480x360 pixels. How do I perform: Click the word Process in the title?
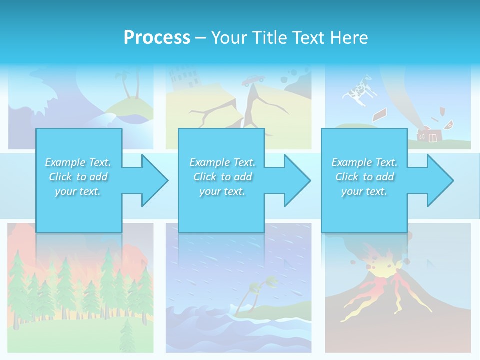[x=157, y=38]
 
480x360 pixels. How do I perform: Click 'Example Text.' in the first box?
[x=78, y=162]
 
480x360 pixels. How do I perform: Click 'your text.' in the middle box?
[x=222, y=191]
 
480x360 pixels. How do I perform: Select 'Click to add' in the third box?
[x=364, y=177]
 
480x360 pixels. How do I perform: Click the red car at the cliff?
[x=254, y=80]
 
